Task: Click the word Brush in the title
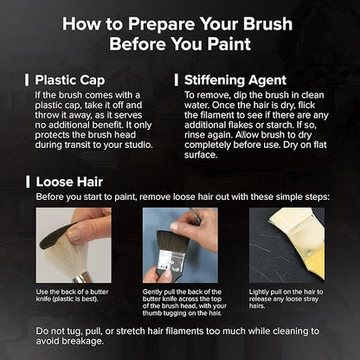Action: pyautogui.click(x=267, y=23)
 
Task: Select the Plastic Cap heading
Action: pyautogui.click(x=70, y=80)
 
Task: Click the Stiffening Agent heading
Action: pyautogui.click(x=235, y=80)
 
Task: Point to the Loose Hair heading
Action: pyautogui.click(x=69, y=182)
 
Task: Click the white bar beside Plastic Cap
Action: pyautogui.click(x=27, y=80)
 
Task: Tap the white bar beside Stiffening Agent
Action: pyautogui.click(x=176, y=80)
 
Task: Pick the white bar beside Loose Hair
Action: pyautogui.click(x=28, y=182)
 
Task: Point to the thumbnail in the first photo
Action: pyautogui.click(x=75, y=234)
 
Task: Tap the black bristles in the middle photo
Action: pyautogui.click(x=172, y=241)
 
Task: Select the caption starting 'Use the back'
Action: pyautogui.click(x=72, y=295)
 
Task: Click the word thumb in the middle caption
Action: pyautogui.click(x=151, y=313)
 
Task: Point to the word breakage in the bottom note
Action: pyautogui.click(x=82, y=341)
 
